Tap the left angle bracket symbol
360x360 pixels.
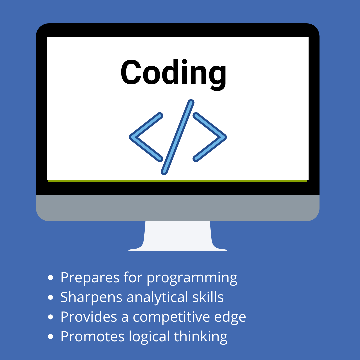tap(135, 137)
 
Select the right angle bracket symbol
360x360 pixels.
tap(220, 137)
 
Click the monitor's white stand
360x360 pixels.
tap(178, 236)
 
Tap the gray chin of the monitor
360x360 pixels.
tap(178, 208)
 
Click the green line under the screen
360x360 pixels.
tap(177, 181)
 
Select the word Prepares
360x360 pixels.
tap(90, 278)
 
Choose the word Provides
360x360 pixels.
tap(89, 317)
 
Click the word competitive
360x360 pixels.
tap(171, 317)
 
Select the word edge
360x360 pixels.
tap(230, 317)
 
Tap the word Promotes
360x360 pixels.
tap(92, 337)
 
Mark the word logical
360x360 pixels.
tap(149, 337)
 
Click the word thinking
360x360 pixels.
tap(201, 337)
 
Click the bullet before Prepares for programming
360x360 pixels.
tap(51, 278)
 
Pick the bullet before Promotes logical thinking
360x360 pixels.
tap(51, 337)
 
